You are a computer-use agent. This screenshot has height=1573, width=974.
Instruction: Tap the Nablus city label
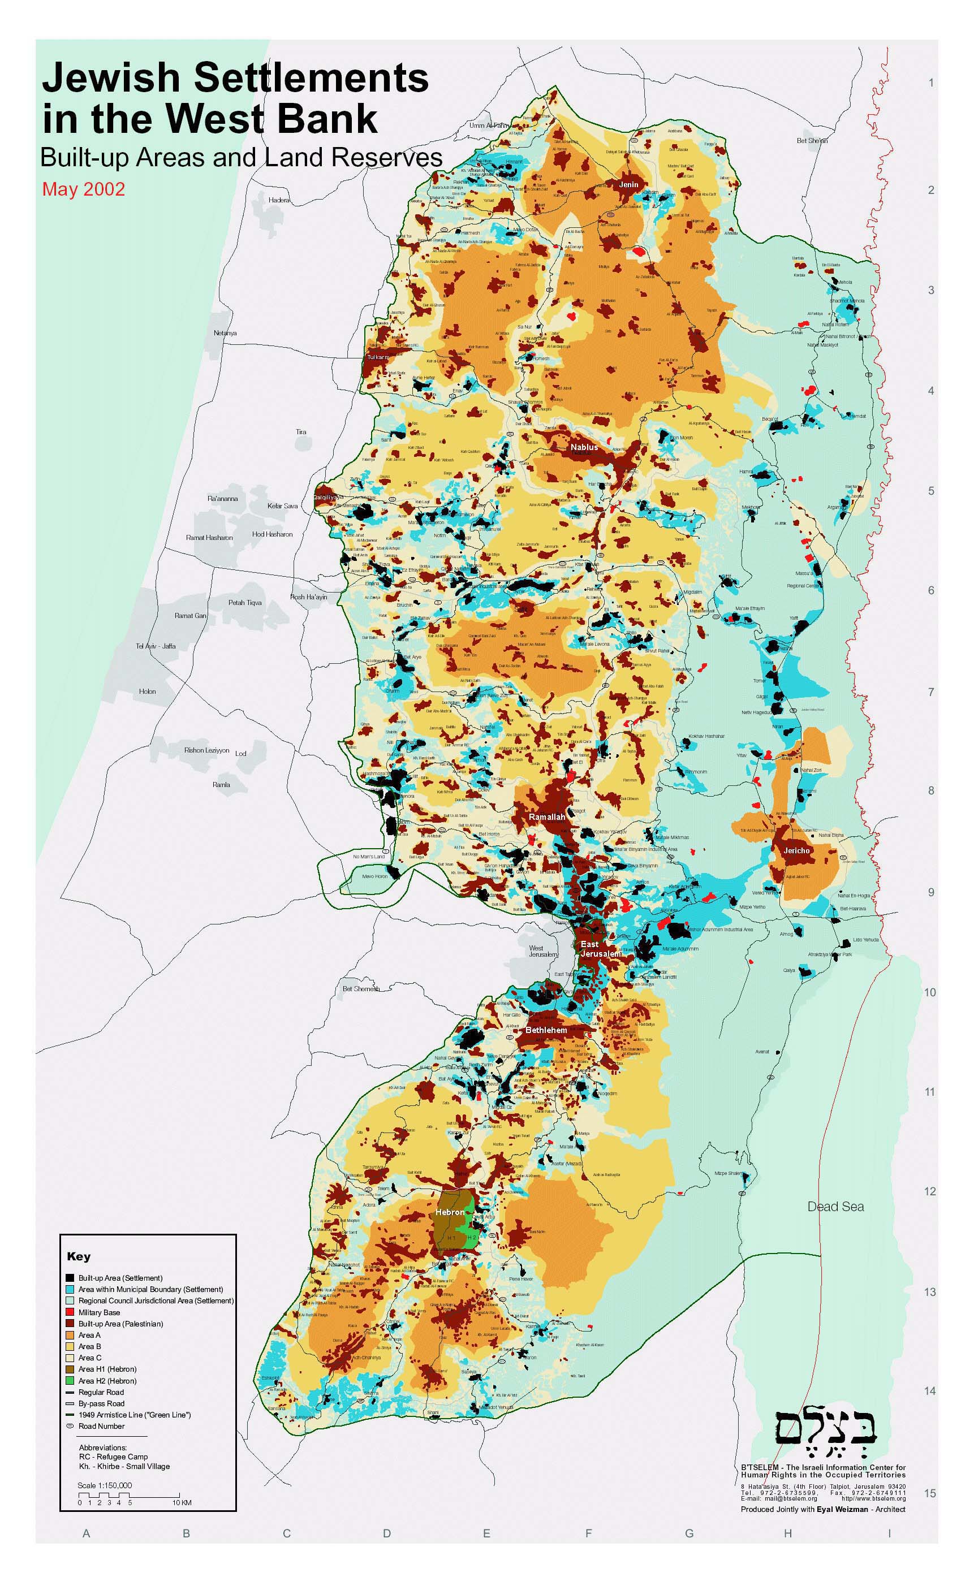tap(584, 447)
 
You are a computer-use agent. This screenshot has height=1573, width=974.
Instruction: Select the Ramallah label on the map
tap(546, 817)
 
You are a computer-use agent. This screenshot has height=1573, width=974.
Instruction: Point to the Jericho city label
tap(796, 850)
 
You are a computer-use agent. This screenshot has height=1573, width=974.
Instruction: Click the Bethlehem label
tap(546, 1030)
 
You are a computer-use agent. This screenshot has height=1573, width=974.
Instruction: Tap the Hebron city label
tap(449, 1212)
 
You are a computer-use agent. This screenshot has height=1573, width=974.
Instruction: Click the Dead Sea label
tap(835, 1207)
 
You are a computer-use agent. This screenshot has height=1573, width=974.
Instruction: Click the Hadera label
tap(279, 200)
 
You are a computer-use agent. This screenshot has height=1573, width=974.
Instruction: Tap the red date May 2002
tap(83, 189)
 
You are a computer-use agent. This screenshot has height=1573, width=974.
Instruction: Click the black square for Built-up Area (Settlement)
tap(70, 1277)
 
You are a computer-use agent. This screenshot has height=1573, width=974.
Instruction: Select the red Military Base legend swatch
tap(70, 1312)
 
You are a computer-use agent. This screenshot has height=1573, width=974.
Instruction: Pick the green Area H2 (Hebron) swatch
tap(70, 1381)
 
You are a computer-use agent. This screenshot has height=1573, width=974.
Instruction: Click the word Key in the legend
tap(79, 1256)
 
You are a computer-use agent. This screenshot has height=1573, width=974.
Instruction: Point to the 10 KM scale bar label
tap(182, 1503)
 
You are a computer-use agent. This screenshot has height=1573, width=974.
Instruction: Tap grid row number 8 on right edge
tap(931, 790)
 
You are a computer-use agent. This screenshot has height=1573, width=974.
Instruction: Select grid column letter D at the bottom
tap(386, 1534)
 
